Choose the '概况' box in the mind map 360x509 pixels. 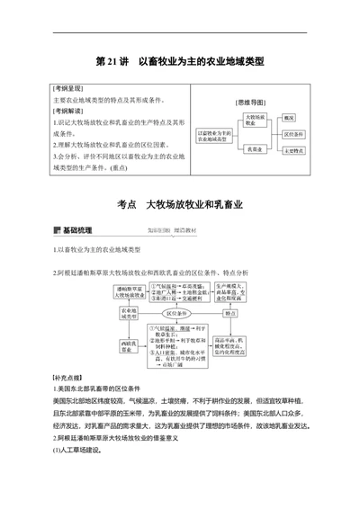[289, 118]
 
